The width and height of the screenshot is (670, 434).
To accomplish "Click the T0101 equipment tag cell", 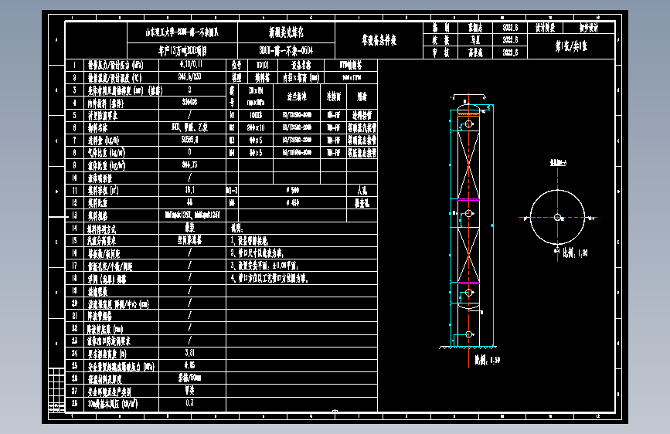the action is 262,66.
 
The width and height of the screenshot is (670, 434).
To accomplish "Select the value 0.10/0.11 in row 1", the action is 189,66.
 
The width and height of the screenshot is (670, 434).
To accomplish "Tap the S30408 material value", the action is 189,102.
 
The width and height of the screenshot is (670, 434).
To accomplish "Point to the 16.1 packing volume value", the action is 189,189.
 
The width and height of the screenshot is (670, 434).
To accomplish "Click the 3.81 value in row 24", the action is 189,352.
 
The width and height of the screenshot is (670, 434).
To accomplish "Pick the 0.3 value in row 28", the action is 189,402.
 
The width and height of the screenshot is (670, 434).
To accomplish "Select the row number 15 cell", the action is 74,240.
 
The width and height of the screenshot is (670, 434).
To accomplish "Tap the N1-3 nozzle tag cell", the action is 231,189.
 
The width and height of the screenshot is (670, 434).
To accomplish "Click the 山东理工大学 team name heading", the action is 182,32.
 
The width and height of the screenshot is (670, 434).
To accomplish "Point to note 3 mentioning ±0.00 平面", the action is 270,265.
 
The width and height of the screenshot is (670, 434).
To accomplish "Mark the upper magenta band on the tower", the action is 467,201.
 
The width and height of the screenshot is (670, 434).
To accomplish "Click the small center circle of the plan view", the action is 557,218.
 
